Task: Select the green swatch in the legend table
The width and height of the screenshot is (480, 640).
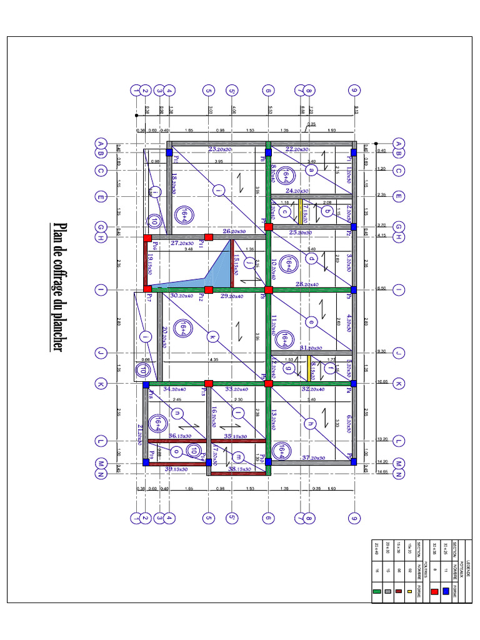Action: (x=376, y=591)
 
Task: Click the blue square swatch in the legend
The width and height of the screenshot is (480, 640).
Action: (x=446, y=591)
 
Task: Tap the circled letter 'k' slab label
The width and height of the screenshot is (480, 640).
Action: (x=212, y=337)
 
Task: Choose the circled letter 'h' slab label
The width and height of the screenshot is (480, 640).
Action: (x=309, y=423)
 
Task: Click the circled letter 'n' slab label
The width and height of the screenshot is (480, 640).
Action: (x=177, y=413)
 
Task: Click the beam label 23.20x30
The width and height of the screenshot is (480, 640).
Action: (x=219, y=149)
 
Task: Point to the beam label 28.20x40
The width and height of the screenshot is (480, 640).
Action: (x=307, y=284)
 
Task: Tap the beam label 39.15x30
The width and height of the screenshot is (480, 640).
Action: (x=177, y=469)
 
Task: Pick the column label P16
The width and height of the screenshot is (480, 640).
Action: (x=154, y=244)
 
